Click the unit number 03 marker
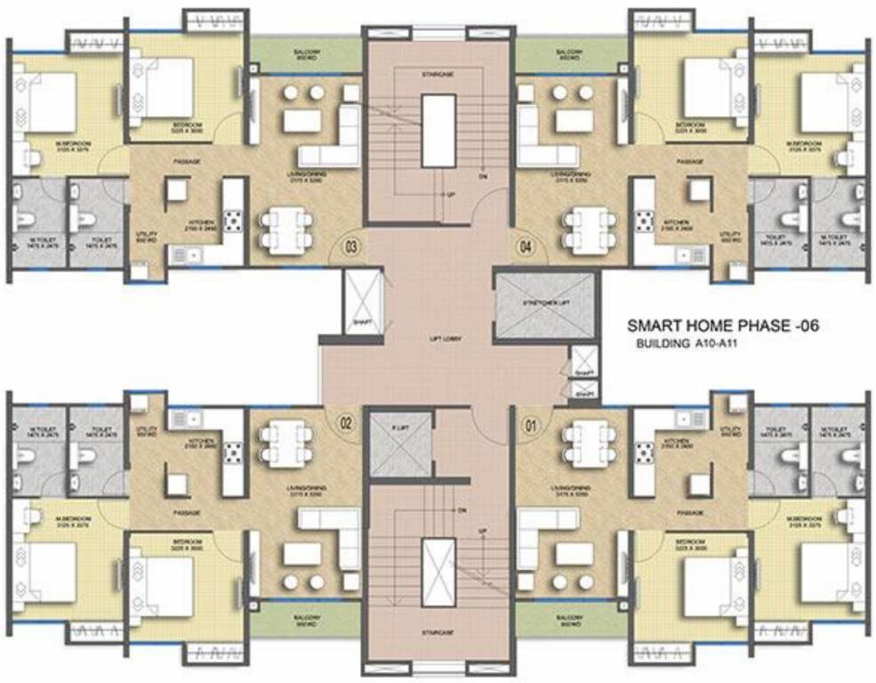coord(351,247)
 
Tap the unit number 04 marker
coord(527,247)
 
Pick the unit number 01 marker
coord(533,424)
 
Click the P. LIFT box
coord(398,445)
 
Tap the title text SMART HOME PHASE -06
coord(722,326)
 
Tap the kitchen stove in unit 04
coord(642,221)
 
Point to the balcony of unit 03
coord(307,56)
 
